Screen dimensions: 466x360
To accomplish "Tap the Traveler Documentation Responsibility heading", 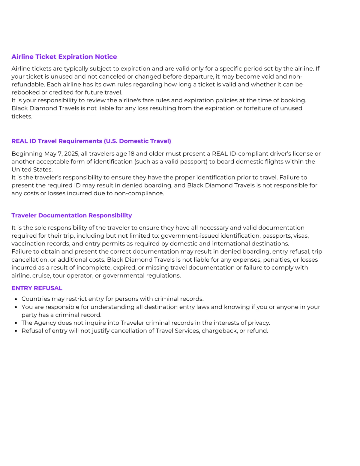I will tap(71, 215).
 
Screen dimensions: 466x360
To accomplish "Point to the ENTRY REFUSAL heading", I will tap(37, 288).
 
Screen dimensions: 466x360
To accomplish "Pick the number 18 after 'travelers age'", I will tap(131, 154).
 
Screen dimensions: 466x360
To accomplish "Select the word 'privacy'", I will tap(259, 323).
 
